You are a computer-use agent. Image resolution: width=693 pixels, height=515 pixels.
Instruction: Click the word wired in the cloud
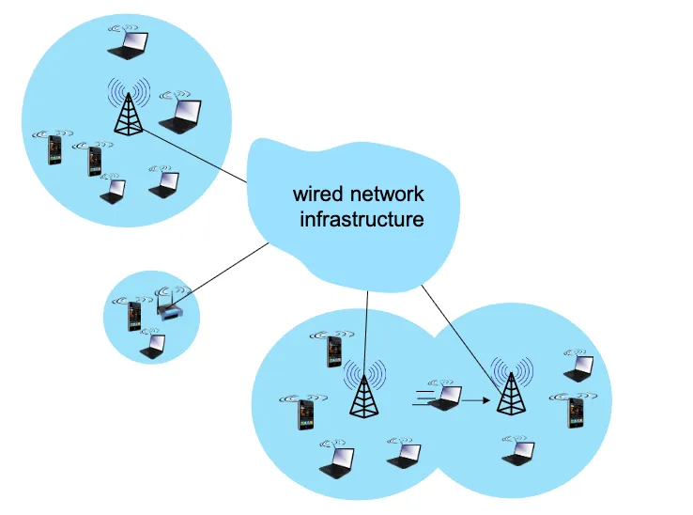click(318, 195)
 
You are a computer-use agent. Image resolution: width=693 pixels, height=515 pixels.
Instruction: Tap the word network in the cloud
click(387, 195)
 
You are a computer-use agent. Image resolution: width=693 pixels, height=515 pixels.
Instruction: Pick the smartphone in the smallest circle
click(134, 316)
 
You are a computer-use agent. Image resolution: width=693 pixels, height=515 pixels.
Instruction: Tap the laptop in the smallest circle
click(152, 345)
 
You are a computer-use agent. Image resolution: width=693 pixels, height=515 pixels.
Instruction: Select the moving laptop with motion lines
click(444, 397)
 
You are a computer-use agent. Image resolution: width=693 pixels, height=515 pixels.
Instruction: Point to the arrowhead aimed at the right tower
click(490, 400)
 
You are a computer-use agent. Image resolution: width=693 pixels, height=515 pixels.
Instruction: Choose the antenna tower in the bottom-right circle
click(511, 388)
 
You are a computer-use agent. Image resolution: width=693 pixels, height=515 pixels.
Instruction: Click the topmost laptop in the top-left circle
click(128, 44)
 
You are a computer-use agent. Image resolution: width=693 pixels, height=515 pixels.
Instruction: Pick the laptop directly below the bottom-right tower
click(516, 452)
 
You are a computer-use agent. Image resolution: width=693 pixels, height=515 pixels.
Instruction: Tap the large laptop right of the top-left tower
click(181, 115)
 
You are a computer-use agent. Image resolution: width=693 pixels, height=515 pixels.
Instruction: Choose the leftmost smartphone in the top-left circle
click(54, 149)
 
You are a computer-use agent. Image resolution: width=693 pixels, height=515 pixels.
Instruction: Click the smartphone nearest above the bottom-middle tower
click(333, 351)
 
